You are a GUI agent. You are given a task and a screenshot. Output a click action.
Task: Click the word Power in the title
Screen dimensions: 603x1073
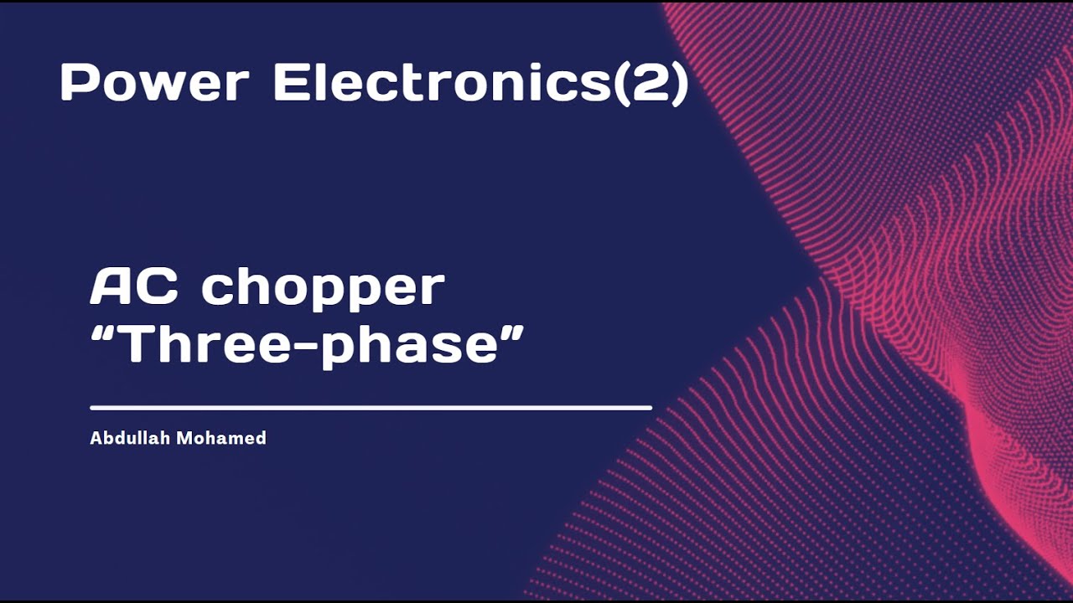pyautogui.click(x=154, y=84)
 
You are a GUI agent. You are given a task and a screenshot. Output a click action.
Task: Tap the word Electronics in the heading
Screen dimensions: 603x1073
pyautogui.click(x=443, y=84)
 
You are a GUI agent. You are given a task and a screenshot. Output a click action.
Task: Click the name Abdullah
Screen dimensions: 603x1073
pyautogui.click(x=128, y=438)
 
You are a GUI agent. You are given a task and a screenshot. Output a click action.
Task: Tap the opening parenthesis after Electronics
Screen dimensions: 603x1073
pyautogui.click(x=619, y=84)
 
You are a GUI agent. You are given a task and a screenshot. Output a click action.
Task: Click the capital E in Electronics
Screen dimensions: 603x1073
pyautogui.click(x=288, y=84)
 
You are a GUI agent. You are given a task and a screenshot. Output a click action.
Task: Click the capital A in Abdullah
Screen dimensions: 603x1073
pyautogui.click(x=96, y=438)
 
